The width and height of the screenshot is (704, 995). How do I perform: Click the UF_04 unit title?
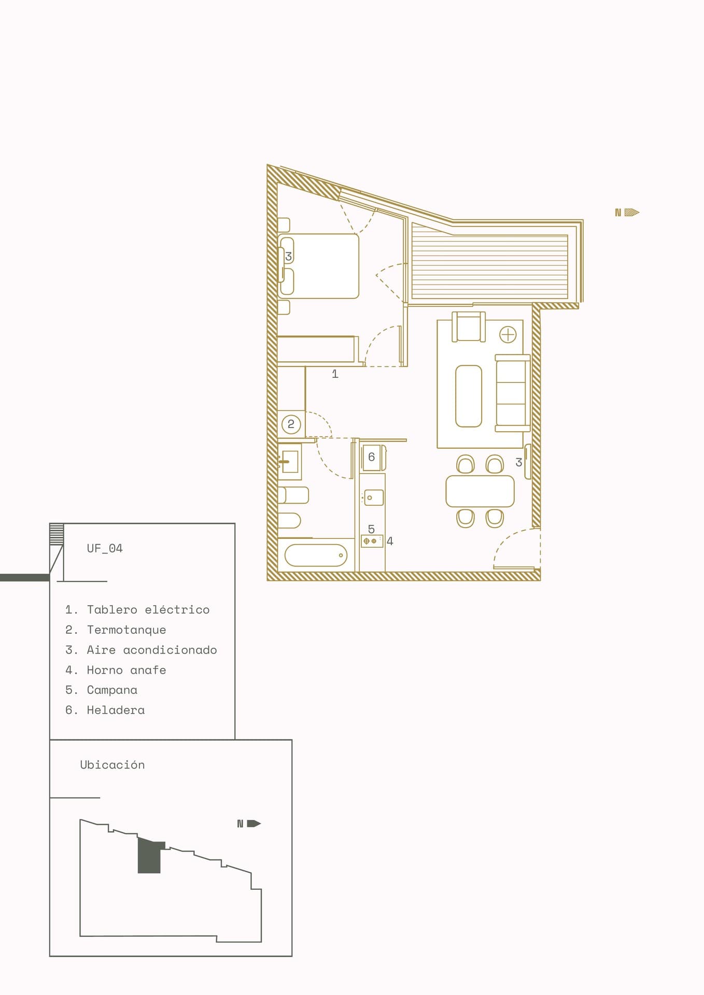[x=105, y=548]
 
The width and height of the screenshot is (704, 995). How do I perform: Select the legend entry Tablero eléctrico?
[x=148, y=609]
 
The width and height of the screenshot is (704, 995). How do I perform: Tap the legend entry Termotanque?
[x=126, y=630]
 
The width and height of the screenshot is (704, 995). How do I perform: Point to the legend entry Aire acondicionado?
[x=152, y=650]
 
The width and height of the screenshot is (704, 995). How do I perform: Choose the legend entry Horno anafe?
[x=126, y=670]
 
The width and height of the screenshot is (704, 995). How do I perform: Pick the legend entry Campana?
[x=112, y=690]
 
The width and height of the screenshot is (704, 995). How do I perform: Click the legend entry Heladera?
[x=116, y=710]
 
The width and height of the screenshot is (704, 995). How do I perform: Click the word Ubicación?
[x=112, y=764]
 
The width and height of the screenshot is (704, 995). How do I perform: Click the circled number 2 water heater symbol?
[x=291, y=424]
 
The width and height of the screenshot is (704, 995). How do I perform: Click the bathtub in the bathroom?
[x=316, y=555]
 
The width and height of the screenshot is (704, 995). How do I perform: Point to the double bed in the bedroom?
[x=318, y=266]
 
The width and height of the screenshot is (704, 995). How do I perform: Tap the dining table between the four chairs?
[x=480, y=491]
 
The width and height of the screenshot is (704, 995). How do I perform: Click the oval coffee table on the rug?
[x=469, y=396]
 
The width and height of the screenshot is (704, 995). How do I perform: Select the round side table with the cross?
[x=508, y=335]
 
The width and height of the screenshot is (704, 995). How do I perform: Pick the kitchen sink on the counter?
[x=373, y=497]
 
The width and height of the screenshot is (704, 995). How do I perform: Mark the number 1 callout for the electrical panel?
[x=335, y=374]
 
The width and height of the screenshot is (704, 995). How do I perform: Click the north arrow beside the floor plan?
[x=627, y=212]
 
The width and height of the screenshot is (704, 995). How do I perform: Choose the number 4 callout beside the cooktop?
[x=390, y=541]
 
